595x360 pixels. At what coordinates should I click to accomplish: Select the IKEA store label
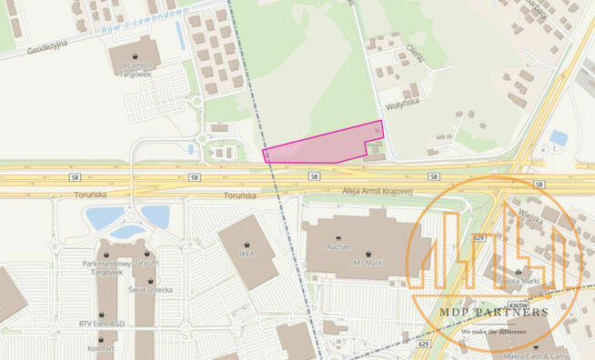pos(247,254)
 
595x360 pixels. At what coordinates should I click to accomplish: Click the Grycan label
pos(146,262)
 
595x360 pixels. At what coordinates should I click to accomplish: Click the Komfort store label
pos(101,347)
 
